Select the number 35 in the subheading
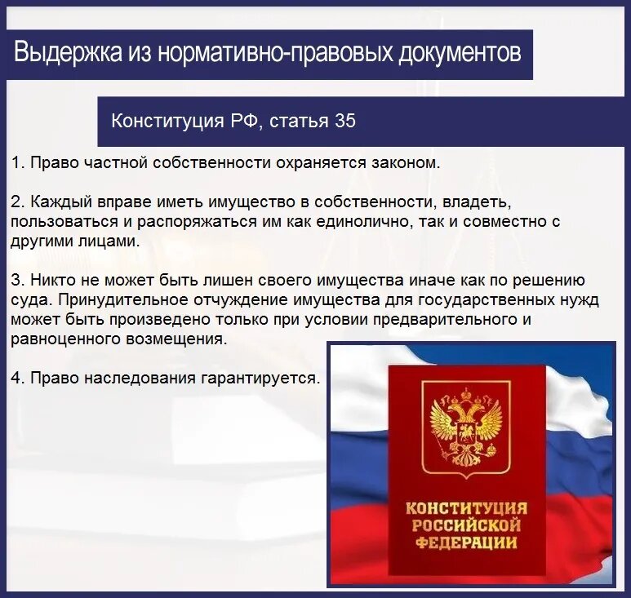[344, 121]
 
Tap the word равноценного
[62, 338]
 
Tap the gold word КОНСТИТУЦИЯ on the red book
[466, 508]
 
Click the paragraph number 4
[16, 378]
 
